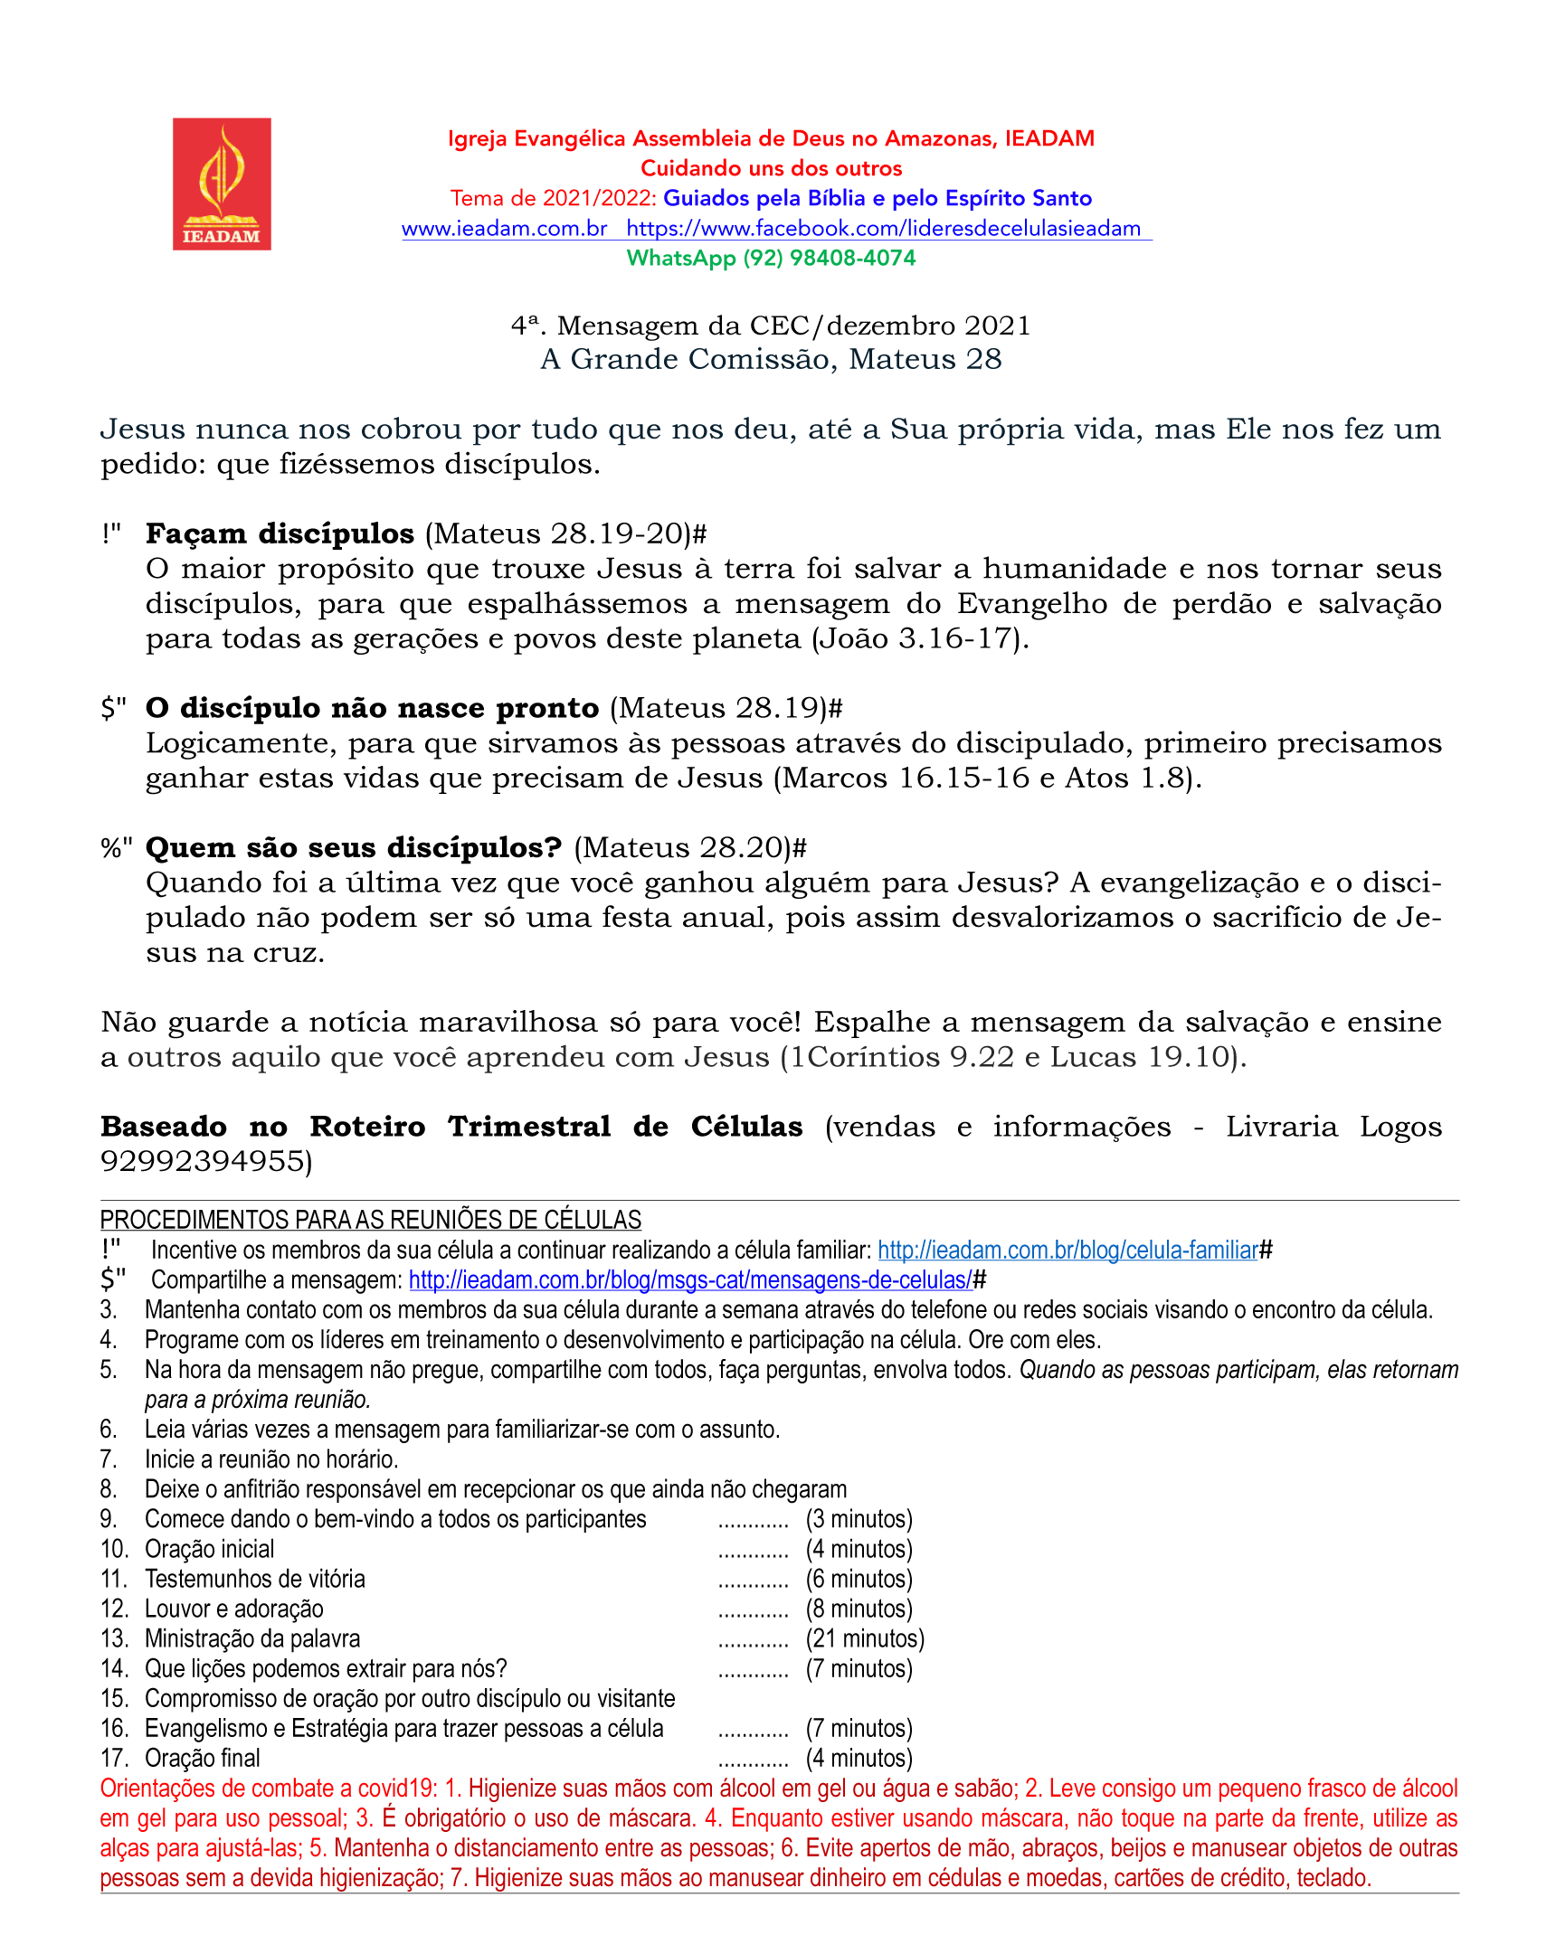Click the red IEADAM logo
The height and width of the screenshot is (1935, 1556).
[x=222, y=184]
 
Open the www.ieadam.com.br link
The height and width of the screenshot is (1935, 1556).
[x=504, y=229]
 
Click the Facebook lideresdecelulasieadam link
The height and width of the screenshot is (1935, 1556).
[x=883, y=229]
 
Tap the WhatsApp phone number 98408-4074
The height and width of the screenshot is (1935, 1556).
[x=852, y=259]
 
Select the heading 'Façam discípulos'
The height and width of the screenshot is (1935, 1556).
[x=280, y=533]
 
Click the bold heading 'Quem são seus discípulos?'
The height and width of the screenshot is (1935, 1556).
[x=354, y=847]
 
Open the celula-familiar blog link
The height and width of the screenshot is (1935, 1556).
[x=1067, y=1251]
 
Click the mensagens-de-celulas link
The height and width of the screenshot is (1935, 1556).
[x=690, y=1280]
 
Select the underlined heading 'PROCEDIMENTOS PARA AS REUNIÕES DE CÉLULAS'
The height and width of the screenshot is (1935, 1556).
[x=371, y=1221]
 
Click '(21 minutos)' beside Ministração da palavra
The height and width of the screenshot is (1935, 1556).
[x=865, y=1638]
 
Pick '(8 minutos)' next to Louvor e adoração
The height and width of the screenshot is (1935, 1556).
[x=859, y=1609]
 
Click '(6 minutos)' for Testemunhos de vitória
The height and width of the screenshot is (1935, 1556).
[x=859, y=1579]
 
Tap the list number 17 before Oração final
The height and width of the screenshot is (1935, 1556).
[x=113, y=1758]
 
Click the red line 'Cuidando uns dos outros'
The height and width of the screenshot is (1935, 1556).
[x=771, y=169]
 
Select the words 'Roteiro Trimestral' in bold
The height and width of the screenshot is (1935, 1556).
[x=460, y=1127]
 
